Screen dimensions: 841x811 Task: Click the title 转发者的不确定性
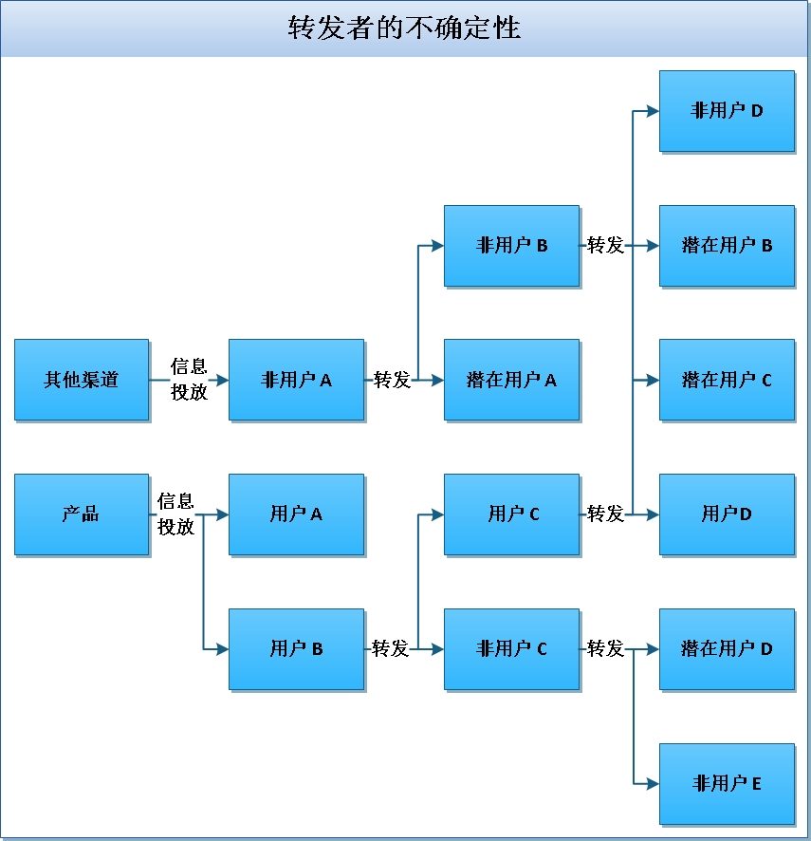[x=405, y=28]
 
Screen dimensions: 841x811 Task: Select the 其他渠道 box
[x=82, y=380]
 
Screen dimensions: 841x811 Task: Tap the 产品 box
[x=82, y=514]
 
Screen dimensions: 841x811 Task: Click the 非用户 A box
[x=296, y=380]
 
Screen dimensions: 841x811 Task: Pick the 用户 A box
[x=296, y=514]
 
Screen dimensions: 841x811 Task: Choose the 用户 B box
[x=296, y=649]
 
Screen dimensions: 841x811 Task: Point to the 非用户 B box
[x=511, y=246]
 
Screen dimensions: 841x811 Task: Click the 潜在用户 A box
[x=511, y=380]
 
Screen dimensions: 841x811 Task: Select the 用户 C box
[x=511, y=514]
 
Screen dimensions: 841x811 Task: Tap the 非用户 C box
[x=511, y=649]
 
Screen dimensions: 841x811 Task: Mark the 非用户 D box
[x=727, y=111]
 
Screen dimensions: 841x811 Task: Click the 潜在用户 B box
[x=727, y=246]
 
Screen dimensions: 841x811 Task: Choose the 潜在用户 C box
[x=727, y=380]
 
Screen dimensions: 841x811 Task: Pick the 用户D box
[x=727, y=514]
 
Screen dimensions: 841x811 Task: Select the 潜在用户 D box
[x=727, y=649]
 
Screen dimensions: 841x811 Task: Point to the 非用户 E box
[x=727, y=784]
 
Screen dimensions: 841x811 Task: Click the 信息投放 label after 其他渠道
[x=189, y=379]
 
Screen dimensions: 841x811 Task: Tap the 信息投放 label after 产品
[x=175, y=514]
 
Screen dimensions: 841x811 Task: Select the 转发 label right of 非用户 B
[x=606, y=246]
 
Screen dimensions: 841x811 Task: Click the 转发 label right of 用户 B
[x=391, y=649]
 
